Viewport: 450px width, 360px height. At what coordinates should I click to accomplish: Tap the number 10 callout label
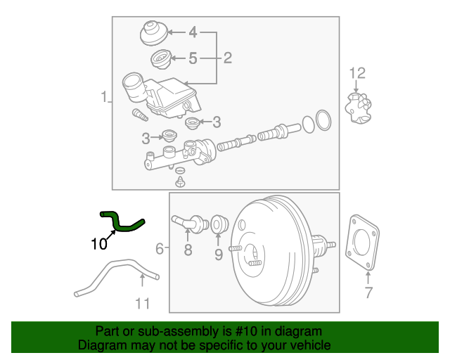99,245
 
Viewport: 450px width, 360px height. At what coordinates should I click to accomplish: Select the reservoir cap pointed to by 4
151,32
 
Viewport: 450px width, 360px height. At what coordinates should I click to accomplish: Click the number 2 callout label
227,58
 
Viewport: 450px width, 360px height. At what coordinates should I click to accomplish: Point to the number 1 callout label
103,96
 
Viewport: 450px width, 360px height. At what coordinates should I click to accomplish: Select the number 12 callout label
358,72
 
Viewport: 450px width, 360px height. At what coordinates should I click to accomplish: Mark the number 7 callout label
369,293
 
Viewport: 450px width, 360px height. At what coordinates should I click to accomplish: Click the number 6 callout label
160,248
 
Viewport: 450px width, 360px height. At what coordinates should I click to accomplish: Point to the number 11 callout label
143,304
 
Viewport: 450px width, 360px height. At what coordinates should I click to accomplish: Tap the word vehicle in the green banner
308,345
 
